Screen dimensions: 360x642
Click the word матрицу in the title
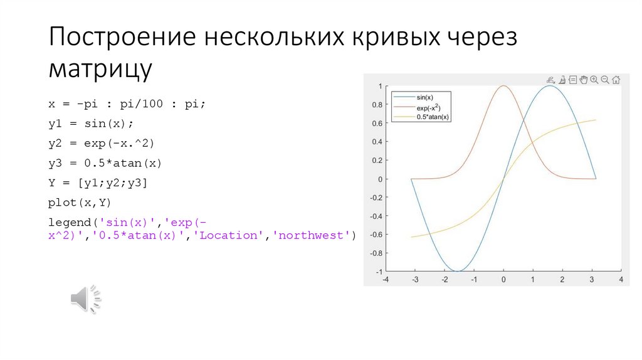pyautogui.click(x=100, y=68)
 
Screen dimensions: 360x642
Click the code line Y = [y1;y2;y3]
pyautogui.click(x=98, y=183)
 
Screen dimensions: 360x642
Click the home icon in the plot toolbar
pyautogui.click(x=616, y=80)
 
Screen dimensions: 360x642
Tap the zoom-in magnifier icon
pyautogui.click(x=594, y=80)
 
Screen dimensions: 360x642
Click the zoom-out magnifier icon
pyautogui.click(x=605, y=80)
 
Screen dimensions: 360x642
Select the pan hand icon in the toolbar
pyautogui.click(x=583, y=80)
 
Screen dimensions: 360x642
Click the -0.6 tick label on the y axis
pyautogui.click(x=376, y=235)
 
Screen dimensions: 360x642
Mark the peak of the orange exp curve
pyautogui.click(x=503, y=86)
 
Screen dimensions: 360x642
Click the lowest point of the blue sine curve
pyautogui.click(x=458, y=271)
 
